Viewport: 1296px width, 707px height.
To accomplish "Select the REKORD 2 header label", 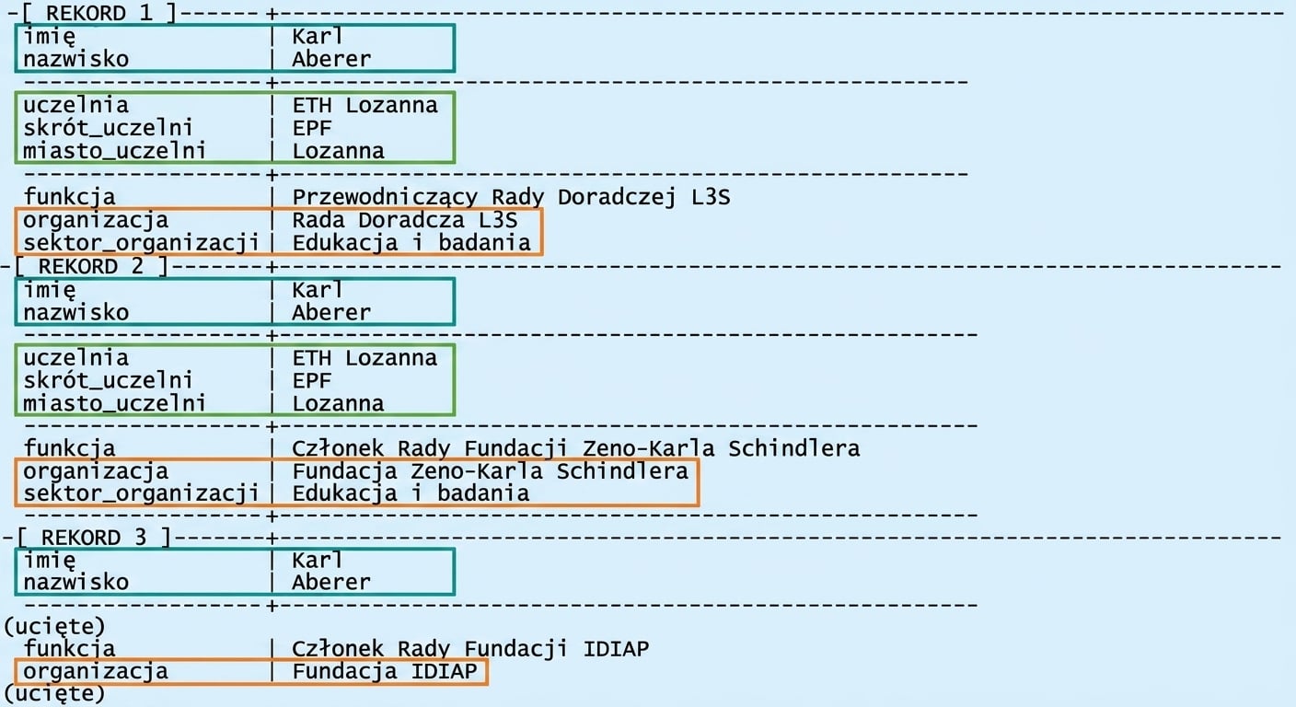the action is tap(90, 266).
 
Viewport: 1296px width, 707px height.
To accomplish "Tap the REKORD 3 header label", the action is tap(93, 538).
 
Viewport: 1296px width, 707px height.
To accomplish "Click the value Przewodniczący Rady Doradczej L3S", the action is tap(511, 197).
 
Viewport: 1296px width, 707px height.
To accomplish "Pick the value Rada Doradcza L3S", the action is tap(404, 220).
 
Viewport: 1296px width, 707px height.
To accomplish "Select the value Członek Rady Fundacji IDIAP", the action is tap(469, 649).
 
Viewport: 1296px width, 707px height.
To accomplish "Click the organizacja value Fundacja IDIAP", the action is tap(384, 671).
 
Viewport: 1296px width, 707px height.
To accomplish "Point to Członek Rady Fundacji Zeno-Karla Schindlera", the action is tap(575, 448).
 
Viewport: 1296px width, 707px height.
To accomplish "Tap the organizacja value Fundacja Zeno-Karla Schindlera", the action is tap(490, 471).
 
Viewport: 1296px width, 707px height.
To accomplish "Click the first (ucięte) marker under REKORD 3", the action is tap(54, 627).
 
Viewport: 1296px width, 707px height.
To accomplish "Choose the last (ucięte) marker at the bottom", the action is tap(54, 693).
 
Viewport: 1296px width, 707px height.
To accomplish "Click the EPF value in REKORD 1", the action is tap(312, 127).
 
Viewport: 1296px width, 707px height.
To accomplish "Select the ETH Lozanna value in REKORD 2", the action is tap(364, 357).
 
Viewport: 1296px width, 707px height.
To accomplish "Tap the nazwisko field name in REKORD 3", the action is tap(75, 582).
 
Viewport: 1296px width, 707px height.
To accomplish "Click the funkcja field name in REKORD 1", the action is tap(69, 197).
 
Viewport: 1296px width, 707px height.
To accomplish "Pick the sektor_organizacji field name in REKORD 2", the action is tap(141, 493).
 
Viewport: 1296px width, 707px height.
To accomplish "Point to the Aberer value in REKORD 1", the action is tap(331, 58).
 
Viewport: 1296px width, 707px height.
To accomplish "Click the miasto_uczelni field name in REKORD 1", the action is tap(114, 150).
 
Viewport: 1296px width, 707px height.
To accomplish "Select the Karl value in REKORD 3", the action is tap(317, 560).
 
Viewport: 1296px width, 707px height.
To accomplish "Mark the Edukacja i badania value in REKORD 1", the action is tap(411, 242).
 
